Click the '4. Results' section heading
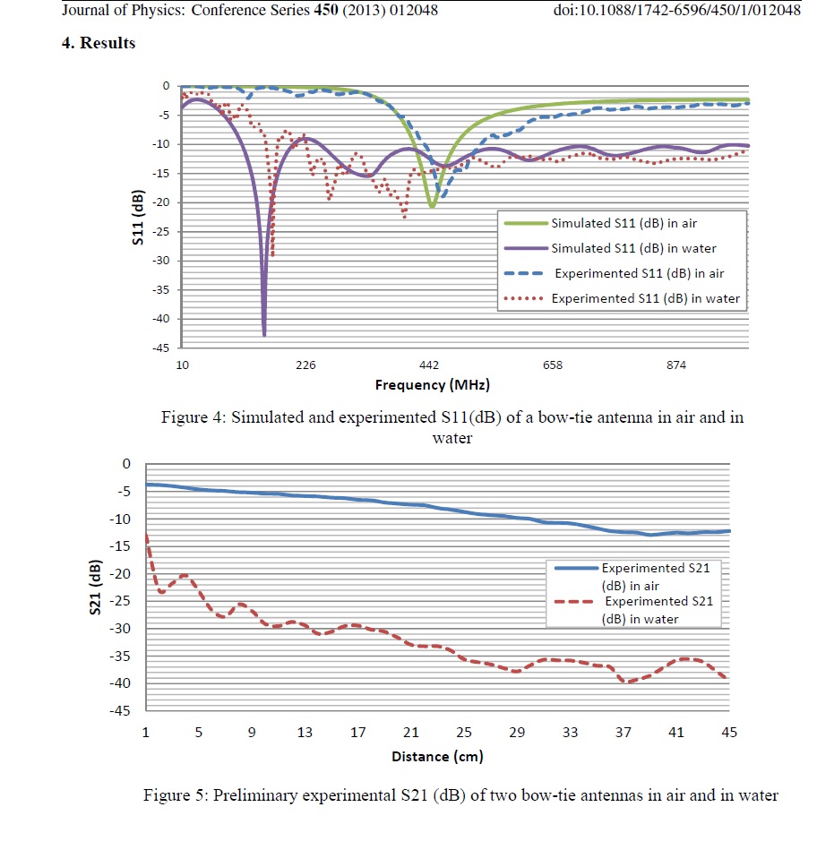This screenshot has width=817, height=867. pos(99,43)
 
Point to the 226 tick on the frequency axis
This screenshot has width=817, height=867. pos(305,365)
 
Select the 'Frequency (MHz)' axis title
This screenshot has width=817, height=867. pos(433,385)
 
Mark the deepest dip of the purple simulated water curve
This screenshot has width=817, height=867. pos(264,334)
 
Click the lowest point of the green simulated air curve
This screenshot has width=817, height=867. pos(432,206)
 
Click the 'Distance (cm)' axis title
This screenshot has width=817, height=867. pos(437,757)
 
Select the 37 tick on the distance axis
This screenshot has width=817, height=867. pos(623,732)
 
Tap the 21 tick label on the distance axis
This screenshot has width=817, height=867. pos(411,732)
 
